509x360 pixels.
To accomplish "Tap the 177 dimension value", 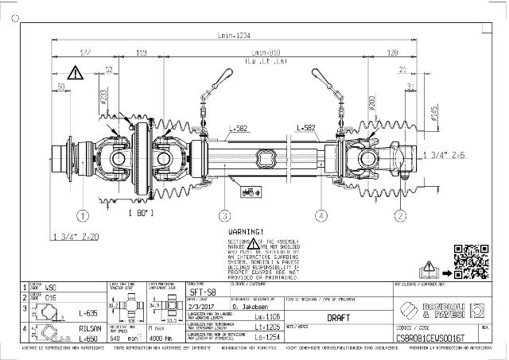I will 85,53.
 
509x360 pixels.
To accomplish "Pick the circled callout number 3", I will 225,215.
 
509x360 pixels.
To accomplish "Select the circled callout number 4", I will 321,215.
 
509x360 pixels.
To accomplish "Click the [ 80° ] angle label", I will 142,214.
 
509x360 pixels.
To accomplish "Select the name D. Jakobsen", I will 250,305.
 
